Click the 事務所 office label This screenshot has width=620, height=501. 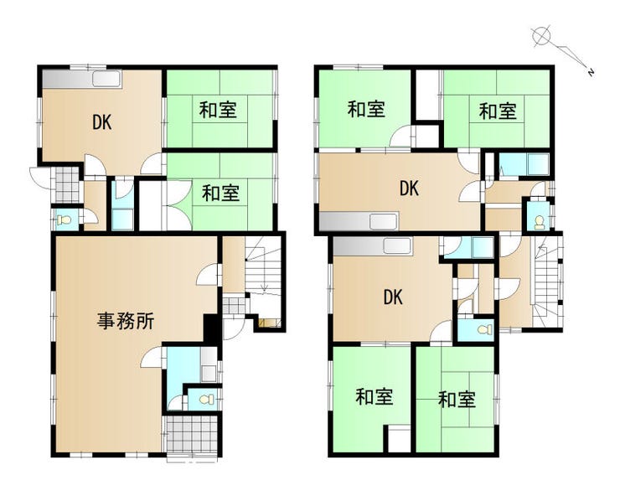click(126, 321)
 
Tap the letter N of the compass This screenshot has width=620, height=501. click(591, 72)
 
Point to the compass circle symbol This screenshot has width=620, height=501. click(541, 36)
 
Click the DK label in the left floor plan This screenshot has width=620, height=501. click(101, 122)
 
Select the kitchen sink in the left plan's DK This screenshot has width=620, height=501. click(106, 79)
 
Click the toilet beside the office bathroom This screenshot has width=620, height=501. click(207, 400)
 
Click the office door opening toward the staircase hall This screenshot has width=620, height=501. click(208, 275)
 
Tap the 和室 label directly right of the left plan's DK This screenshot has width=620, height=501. click(218, 110)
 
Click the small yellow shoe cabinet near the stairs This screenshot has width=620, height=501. click(269, 323)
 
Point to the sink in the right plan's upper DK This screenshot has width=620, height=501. click(384, 221)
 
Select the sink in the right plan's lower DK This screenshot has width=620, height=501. click(398, 247)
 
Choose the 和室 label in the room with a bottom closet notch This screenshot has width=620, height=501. click(374, 396)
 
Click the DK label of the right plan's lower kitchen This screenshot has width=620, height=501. click(393, 297)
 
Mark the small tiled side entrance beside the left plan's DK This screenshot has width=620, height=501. click(67, 184)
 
